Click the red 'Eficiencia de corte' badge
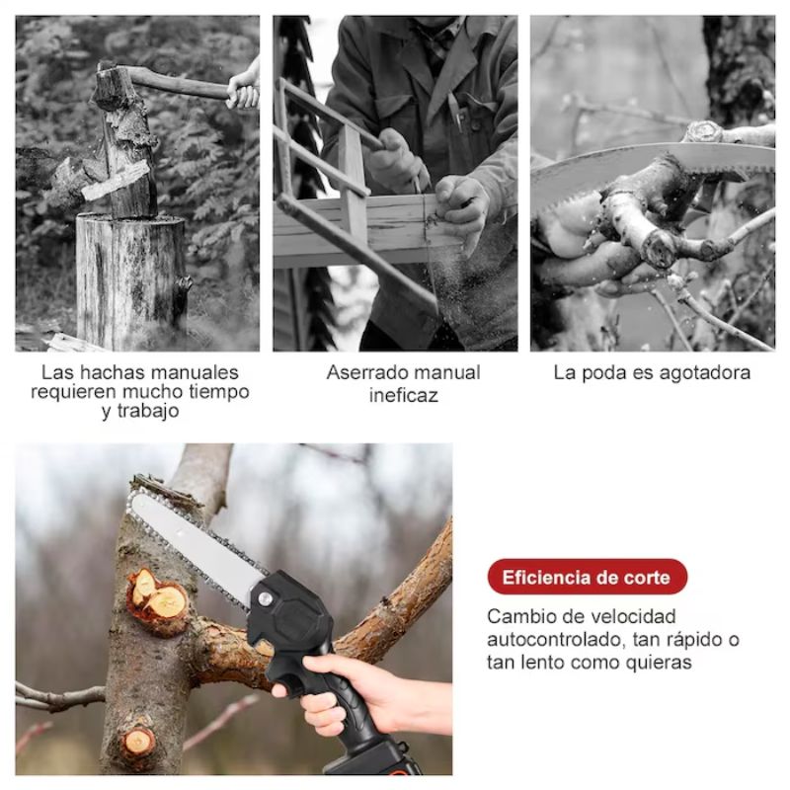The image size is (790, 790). point(586,577)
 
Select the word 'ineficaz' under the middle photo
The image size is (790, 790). point(403,395)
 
